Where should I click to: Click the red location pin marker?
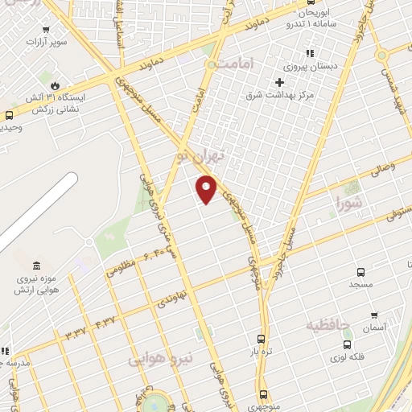(x=207, y=188)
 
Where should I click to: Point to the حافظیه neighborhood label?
(x=328, y=326)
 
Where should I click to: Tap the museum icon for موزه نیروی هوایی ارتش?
(x=36, y=266)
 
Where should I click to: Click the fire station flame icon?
(x=55, y=85)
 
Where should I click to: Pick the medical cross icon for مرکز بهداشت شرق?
(x=280, y=82)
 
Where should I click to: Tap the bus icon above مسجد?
(x=360, y=272)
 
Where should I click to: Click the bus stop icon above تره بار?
(x=261, y=339)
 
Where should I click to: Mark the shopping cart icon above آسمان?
(x=373, y=315)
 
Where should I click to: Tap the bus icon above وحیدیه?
(x=9, y=114)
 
